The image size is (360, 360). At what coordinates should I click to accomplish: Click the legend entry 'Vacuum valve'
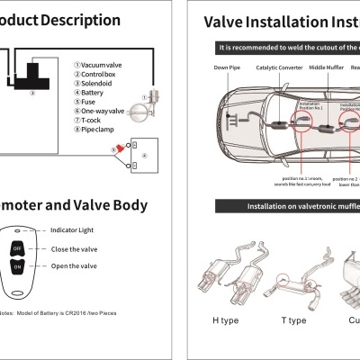[102, 64]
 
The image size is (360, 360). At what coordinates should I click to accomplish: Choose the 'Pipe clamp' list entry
[98, 128]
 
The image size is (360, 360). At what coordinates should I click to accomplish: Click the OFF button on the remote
[17, 249]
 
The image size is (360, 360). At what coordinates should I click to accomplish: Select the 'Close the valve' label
[74, 248]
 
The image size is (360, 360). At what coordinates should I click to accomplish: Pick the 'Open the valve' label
[74, 265]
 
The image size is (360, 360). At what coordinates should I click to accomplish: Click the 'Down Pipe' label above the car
[227, 67]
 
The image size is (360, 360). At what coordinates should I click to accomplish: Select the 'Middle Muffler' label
[325, 67]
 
